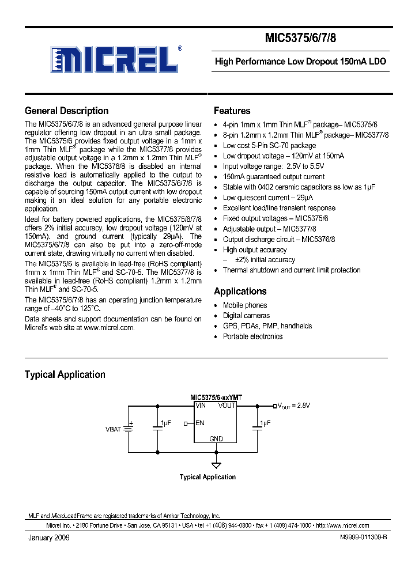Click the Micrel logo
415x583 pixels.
point(115,59)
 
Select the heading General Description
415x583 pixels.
point(66,111)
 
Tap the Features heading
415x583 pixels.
point(232,111)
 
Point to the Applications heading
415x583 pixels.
point(240,291)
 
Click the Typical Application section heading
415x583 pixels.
point(65,374)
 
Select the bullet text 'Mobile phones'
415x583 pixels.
point(245,305)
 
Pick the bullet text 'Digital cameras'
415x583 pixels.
point(246,316)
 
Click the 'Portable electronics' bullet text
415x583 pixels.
point(252,336)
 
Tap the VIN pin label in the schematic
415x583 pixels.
point(201,406)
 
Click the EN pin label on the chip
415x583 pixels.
point(200,423)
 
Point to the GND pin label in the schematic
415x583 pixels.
point(216,439)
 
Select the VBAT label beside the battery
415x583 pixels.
point(114,430)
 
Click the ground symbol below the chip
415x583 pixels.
point(216,465)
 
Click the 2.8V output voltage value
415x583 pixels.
point(302,406)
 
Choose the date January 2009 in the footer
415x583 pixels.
point(49,537)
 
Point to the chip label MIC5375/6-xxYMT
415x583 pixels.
point(216,398)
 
